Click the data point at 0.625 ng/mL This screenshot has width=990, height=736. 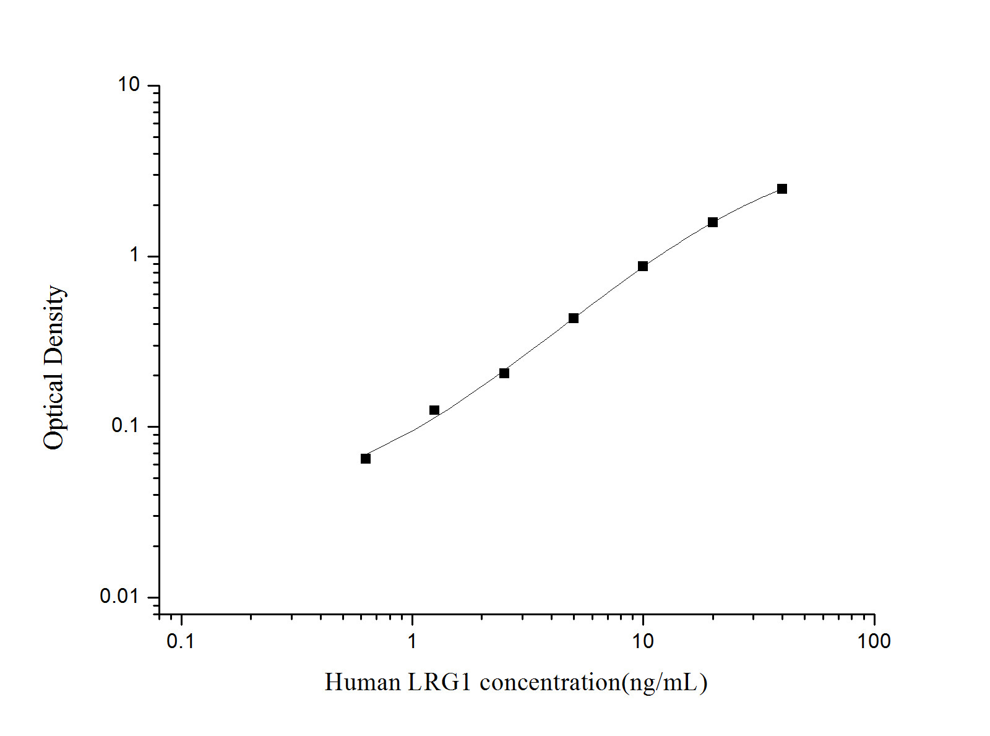click(366, 459)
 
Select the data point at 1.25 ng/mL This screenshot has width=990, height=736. click(434, 410)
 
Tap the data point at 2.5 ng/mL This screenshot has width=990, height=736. click(504, 373)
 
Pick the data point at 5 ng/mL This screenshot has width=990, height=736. click(574, 318)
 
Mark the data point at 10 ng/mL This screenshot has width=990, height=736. click(643, 266)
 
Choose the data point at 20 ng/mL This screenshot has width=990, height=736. click(713, 222)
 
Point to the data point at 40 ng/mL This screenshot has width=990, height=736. click(782, 189)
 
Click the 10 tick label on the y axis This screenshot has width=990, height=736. click(129, 85)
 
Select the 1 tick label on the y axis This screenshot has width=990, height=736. click(135, 255)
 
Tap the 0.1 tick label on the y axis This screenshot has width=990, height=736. click(126, 426)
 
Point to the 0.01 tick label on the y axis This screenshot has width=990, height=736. click(120, 596)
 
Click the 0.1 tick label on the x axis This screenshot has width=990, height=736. click(181, 642)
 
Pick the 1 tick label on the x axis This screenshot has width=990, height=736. click(412, 642)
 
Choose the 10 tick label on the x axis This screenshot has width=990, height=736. click(643, 642)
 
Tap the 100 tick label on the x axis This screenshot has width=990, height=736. click(874, 642)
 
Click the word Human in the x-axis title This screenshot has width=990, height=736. click(363, 683)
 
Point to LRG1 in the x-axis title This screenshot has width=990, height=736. click(439, 683)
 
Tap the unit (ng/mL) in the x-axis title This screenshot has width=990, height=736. click(665, 683)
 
